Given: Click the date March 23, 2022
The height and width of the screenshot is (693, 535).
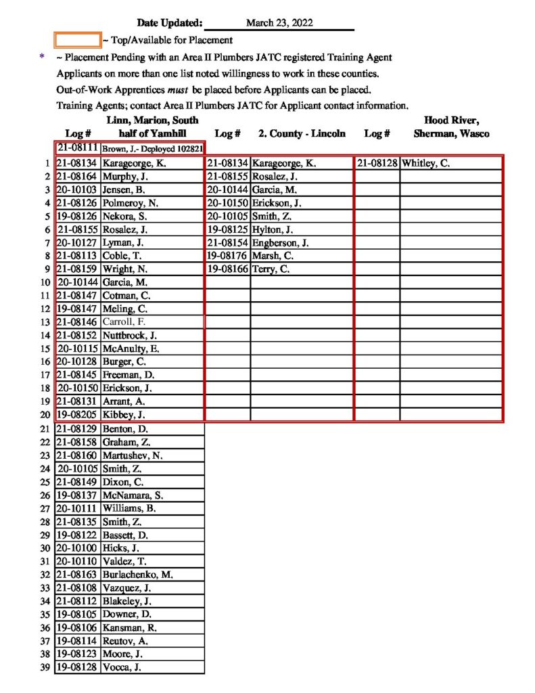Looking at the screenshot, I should click(x=279, y=23).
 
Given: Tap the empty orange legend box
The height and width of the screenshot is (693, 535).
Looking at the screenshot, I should click(x=77, y=40).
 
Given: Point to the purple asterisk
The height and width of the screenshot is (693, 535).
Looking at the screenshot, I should click(x=42, y=58).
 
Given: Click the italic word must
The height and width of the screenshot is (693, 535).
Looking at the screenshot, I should click(x=178, y=89).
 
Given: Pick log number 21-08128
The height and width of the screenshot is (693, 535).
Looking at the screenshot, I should click(x=377, y=163).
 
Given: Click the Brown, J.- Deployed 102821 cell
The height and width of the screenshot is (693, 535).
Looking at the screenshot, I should click(x=153, y=148).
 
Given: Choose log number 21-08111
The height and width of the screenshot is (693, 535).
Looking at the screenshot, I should click(x=78, y=148).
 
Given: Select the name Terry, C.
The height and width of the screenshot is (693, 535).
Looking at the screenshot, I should click(x=271, y=269).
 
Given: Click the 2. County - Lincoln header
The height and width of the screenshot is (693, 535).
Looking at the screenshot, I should click(x=302, y=133).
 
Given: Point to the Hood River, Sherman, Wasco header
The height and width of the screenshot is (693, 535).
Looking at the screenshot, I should click(x=451, y=127).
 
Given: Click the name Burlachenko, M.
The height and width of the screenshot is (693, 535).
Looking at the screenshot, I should click(x=137, y=575).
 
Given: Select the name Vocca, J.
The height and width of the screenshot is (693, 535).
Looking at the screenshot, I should click(x=122, y=667).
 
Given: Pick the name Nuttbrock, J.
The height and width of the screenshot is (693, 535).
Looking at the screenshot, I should click(x=129, y=335).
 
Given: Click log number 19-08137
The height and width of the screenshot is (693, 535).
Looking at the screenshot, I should click(x=77, y=495).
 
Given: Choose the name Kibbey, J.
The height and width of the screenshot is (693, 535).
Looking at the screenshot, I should click(x=124, y=415).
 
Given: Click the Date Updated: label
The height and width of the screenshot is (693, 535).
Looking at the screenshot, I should click(x=169, y=23).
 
